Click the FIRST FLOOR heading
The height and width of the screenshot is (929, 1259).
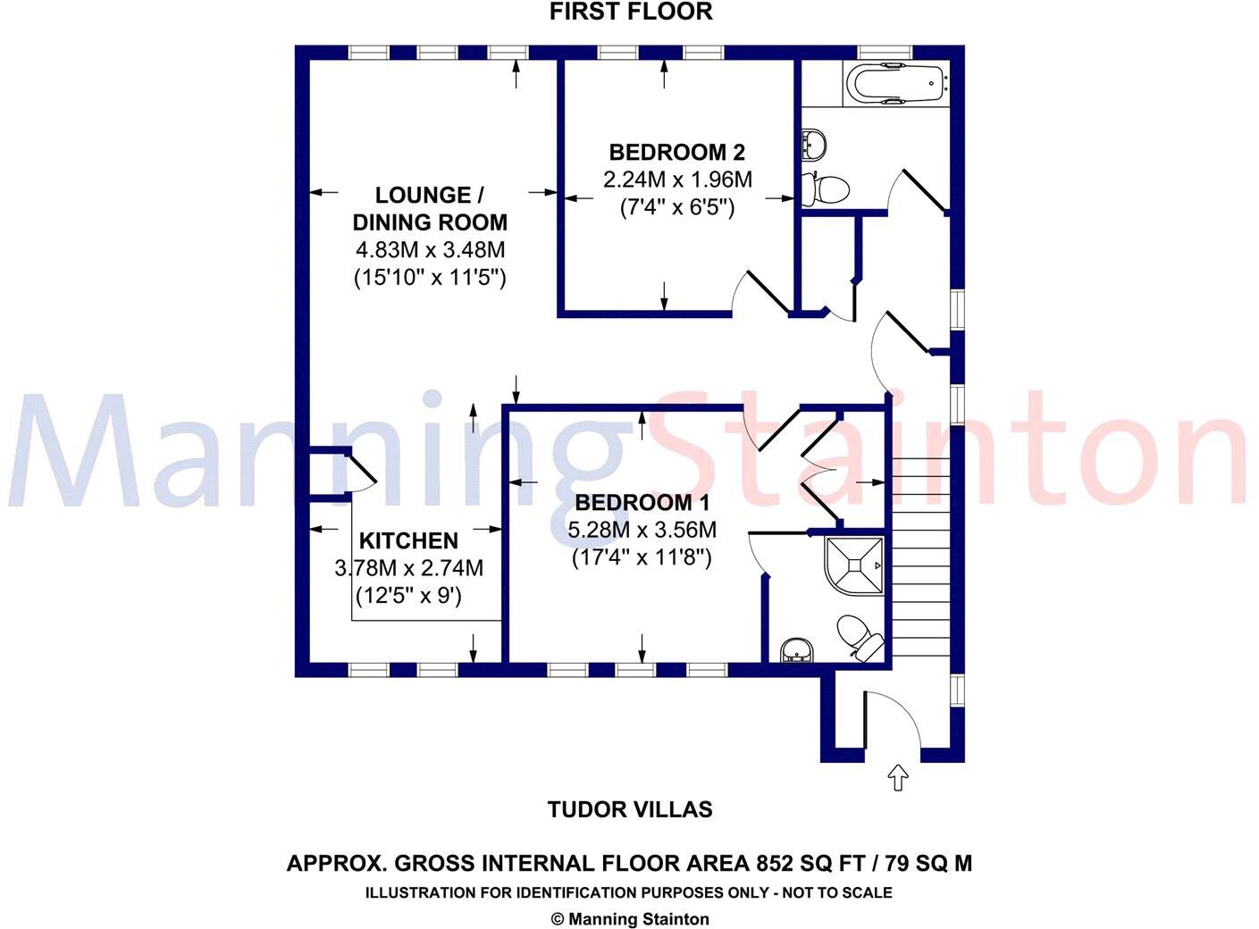(x=631, y=13)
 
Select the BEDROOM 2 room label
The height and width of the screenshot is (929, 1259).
(x=676, y=152)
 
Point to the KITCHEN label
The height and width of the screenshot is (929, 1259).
(x=408, y=540)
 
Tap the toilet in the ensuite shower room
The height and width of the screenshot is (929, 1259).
(x=860, y=633)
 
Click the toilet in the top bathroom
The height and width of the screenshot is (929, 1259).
(x=828, y=188)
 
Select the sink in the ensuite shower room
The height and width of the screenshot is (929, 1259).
(x=796, y=651)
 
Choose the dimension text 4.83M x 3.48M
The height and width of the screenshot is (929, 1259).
(x=430, y=250)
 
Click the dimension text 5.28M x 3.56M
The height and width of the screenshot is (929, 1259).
(x=642, y=531)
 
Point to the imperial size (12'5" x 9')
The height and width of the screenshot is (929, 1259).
(x=408, y=595)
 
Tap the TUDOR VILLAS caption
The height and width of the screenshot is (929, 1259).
(x=630, y=810)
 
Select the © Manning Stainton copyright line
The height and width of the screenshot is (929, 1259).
(x=630, y=919)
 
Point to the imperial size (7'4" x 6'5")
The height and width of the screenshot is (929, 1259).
(x=676, y=207)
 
